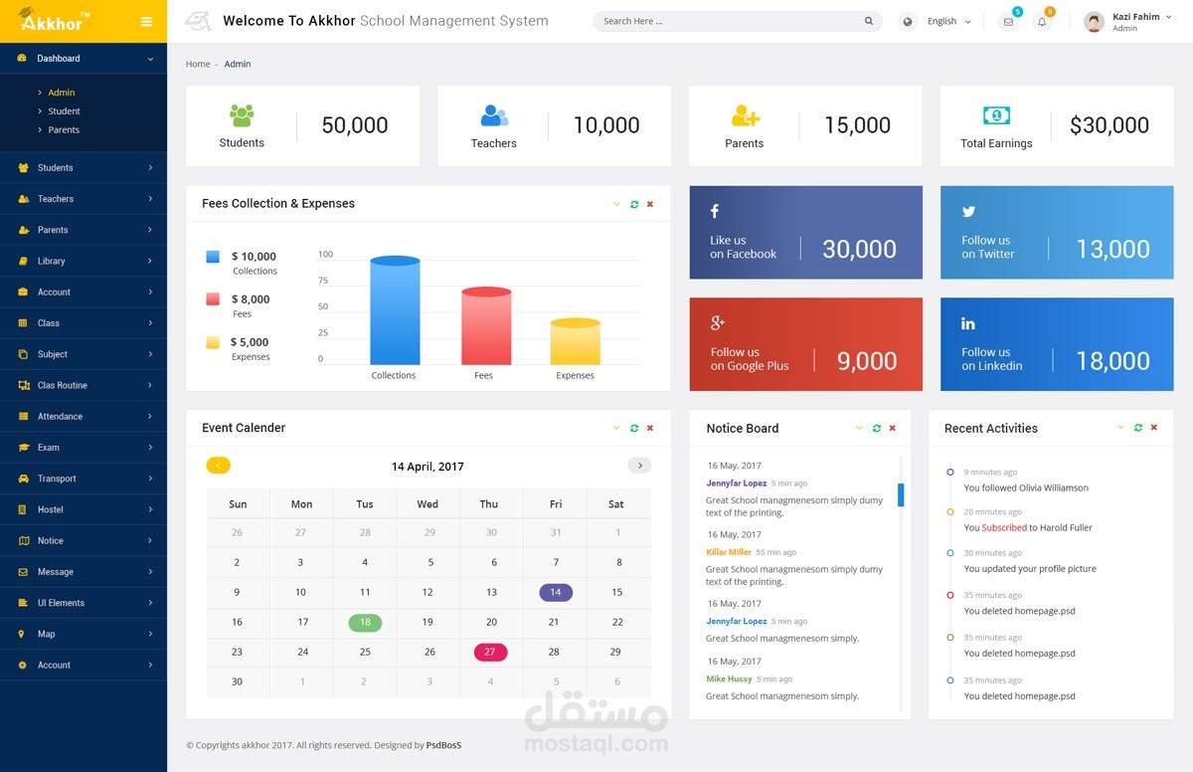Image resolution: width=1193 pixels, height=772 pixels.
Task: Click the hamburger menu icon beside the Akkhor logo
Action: click(x=146, y=22)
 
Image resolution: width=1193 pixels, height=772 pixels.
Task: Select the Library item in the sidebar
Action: click(x=52, y=261)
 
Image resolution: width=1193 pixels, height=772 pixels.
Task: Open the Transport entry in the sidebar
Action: click(x=57, y=479)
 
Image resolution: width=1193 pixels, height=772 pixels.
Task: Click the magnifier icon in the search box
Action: click(x=869, y=21)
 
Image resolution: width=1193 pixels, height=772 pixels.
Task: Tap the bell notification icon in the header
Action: click(x=1042, y=22)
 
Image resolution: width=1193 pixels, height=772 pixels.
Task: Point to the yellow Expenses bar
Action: click(x=575, y=342)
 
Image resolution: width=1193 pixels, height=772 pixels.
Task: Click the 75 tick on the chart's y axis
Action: click(x=322, y=281)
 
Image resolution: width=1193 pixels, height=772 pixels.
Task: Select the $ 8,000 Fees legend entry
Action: click(x=250, y=299)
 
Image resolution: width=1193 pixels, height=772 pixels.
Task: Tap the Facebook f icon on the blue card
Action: click(x=714, y=211)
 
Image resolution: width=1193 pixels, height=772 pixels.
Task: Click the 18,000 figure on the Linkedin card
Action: click(x=1112, y=361)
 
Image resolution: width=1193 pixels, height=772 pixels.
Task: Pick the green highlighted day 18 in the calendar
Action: click(x=365, y=622)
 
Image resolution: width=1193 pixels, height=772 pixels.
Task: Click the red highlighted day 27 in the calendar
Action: click(x=490, y=652)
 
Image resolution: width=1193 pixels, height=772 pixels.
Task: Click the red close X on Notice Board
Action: click(x=892, y=428)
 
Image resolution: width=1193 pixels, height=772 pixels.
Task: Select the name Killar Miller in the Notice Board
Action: click(x=729, y=552)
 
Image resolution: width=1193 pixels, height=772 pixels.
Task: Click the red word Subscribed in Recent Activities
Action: click(x=1004, y=527)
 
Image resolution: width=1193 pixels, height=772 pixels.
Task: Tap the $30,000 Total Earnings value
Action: click(x=1108, y=125)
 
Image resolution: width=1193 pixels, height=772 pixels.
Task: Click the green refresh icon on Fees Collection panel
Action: click(x=634, y=204)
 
